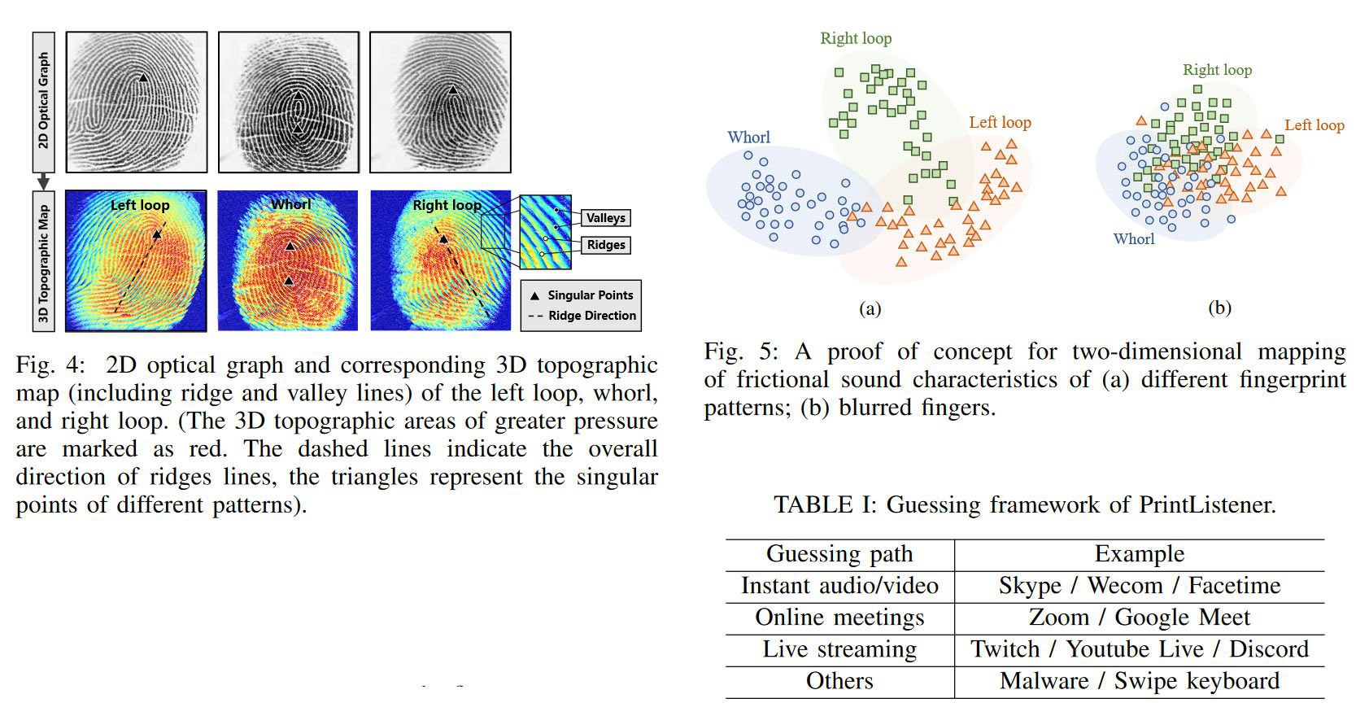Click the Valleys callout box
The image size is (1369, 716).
605,218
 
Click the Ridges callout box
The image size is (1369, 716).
606,245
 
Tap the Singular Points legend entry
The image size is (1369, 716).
582,295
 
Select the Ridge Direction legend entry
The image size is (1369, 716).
582,316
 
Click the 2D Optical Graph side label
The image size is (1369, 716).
44,101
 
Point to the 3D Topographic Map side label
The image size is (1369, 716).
44,260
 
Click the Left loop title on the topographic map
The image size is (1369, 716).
140,205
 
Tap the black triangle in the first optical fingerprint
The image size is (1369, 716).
143,78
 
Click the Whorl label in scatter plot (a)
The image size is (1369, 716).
748,138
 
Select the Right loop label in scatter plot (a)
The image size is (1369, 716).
856,38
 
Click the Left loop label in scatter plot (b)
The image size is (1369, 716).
1315,125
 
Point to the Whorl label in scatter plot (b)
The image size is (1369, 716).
1134,239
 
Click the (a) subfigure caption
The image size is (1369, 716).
870,308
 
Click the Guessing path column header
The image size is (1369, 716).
839,554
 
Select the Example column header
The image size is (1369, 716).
1139,554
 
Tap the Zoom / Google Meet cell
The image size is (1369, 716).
1139,618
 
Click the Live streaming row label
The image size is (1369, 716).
839,649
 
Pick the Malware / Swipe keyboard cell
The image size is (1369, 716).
1139,681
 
